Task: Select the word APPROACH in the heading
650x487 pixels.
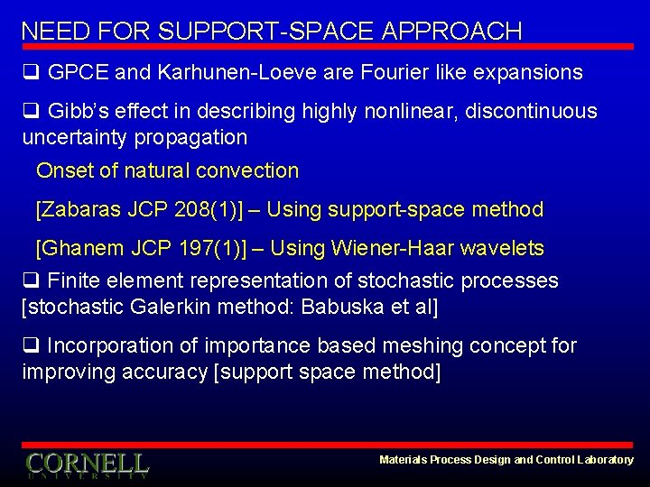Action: pos(452,31)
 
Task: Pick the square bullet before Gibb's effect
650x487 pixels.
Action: pos(30,112)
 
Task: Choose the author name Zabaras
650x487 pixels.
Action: pos(79,210)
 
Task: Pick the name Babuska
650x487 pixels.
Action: pos(341,308)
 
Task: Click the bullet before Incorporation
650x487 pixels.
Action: pos(30,346)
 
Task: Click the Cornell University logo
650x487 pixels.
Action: pos(87,464)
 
